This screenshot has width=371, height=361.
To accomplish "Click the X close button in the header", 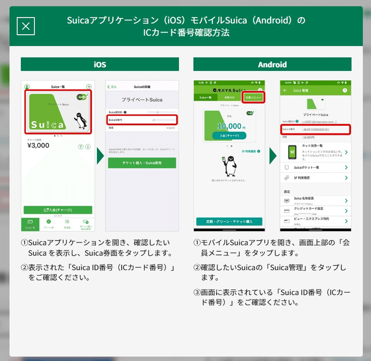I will click(x=26, y=26).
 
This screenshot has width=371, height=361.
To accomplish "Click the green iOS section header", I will click(x=100, y=64).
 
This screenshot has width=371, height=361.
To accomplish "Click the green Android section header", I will click(x=272, y=64).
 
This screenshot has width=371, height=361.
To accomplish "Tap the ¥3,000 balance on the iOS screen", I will click(x=39, y=145).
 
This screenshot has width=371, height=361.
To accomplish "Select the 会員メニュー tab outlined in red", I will click(x=253, y=97).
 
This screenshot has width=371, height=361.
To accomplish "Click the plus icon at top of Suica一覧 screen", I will click(x=89, y=87).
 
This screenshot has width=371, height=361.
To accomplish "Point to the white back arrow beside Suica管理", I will click(x=285, y=90).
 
